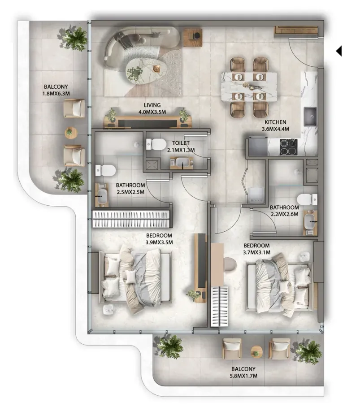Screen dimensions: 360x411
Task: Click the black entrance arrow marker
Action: click(339, 51)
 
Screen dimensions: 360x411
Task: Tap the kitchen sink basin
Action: click(310, 116)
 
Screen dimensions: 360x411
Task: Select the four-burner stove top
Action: click(288, 147)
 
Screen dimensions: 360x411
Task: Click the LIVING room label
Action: click(152, 105)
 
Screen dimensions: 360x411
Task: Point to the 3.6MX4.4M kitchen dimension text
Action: click(275, 129)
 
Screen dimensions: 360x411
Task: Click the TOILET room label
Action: click(181, 143)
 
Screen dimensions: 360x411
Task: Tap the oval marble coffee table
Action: click(146, 70)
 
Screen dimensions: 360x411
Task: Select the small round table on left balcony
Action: click(71, 133)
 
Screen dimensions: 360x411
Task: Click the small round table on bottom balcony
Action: click(256, 352)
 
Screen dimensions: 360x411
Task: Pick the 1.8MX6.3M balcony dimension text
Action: click(56, 94)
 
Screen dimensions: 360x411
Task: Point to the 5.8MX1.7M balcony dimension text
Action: click(243, 376)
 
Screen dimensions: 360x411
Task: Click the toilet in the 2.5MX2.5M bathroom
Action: click(106, 170)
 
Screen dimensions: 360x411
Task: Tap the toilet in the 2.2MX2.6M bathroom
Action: click(307, 199)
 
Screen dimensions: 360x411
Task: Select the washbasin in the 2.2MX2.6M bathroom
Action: click(310, 222)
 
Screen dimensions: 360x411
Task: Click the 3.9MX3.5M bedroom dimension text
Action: click(159, 242)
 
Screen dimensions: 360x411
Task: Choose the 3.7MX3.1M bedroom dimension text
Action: click(256, 253)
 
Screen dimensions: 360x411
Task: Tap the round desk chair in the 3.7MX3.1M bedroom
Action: click(230, 264)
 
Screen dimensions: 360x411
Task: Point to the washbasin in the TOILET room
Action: click(181, 163)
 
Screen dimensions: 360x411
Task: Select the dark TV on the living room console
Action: click(147, 123)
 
